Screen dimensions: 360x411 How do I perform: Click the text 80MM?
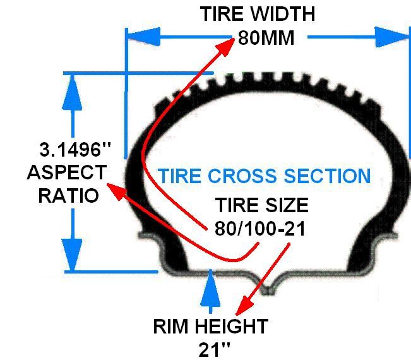coord(266,38)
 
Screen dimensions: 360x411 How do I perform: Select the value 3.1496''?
coord(74,150)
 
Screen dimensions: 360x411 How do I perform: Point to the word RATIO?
coord(69,195)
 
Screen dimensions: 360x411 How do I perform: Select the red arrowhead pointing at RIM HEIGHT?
coord(240,308)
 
